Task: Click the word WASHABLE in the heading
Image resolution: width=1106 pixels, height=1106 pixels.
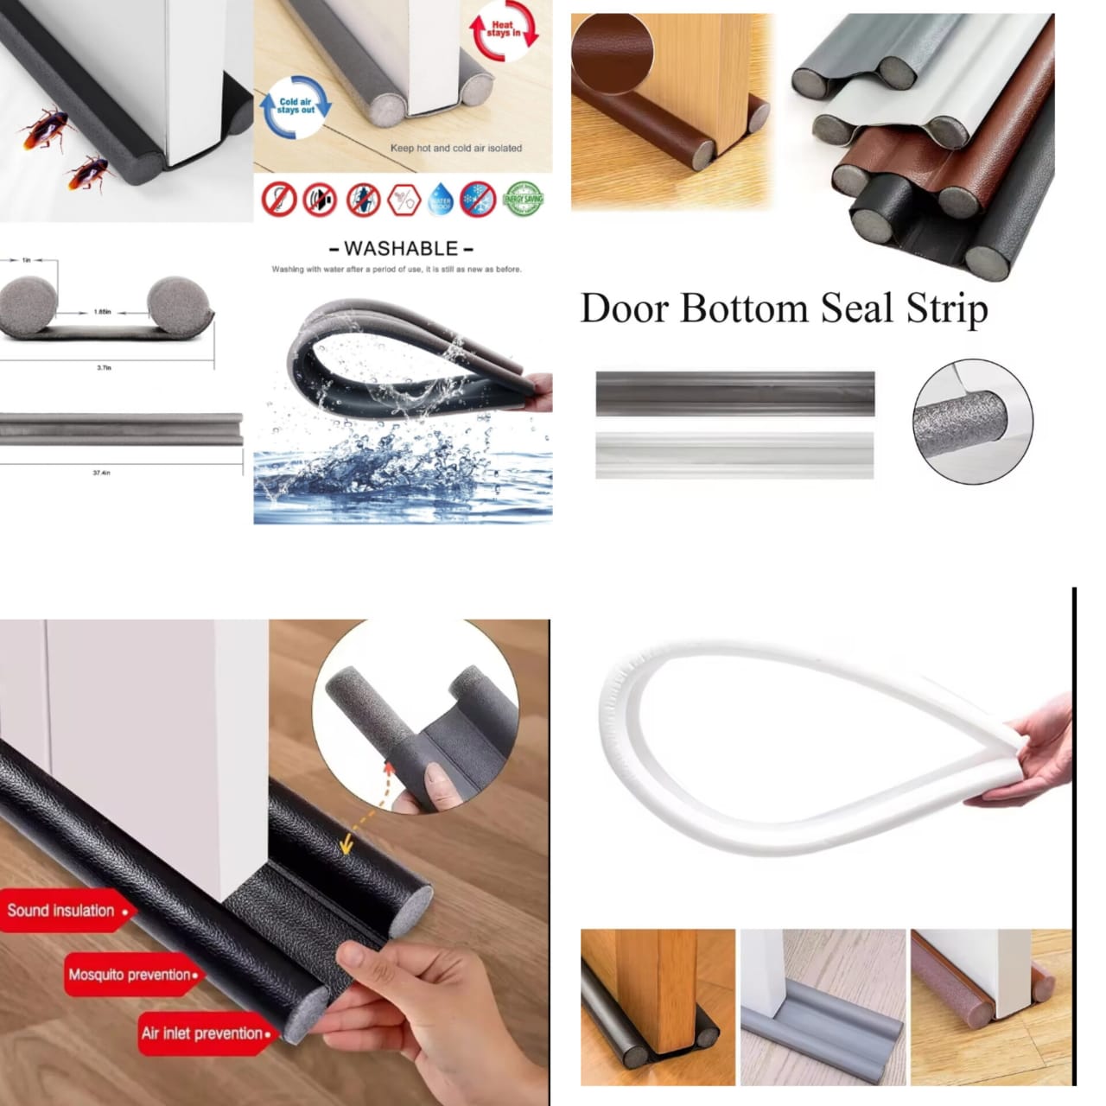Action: point(401,249)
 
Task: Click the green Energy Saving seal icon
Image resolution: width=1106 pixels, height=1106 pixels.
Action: point(523,200)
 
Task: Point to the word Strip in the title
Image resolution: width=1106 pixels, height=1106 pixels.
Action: point(946,308)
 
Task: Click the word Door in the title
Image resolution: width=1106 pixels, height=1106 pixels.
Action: point(624,308)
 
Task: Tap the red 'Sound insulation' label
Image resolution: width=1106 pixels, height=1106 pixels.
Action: point(63,911)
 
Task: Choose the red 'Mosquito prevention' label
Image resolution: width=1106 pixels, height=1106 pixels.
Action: point(131,975)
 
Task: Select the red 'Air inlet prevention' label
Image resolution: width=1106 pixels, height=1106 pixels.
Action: point(205,1033)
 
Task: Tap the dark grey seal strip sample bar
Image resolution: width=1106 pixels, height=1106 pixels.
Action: point(734,393)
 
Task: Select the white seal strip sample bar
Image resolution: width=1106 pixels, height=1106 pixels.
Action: point(734,454)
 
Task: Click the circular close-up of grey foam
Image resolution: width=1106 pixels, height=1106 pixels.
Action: point(972,421)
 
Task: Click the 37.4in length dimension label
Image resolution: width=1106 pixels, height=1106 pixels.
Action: point(101,473)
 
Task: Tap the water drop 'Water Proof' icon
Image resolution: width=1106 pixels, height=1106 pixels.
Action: point(441,200)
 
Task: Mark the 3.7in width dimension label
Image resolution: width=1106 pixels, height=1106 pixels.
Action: point(104,368)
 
